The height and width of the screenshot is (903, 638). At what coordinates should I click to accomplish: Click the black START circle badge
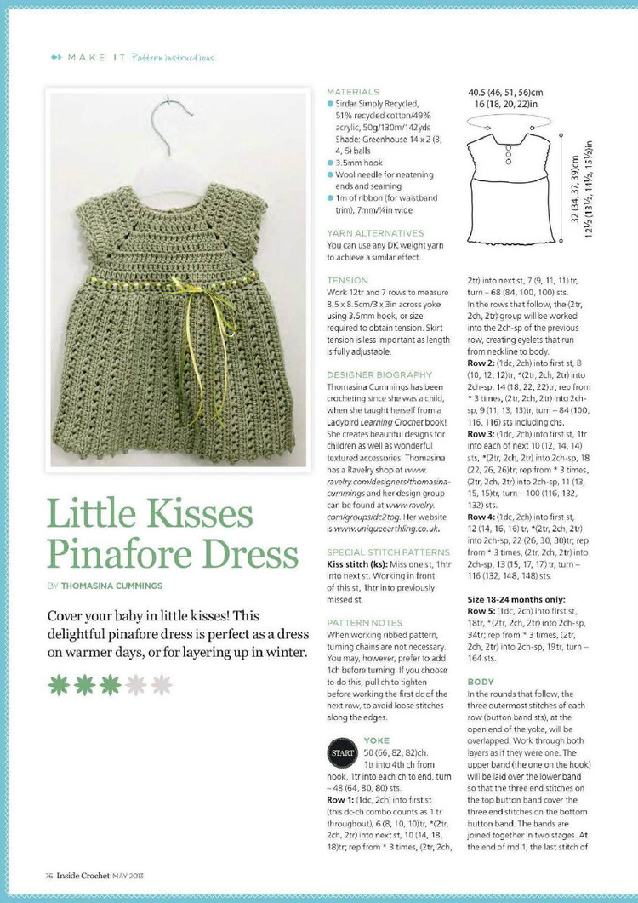click(342, 755)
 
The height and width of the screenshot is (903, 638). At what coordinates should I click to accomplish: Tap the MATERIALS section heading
click(353, 92)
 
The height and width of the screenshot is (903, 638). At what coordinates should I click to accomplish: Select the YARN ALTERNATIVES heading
click(375, 233)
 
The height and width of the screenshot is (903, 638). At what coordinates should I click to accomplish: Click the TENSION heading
click(348, 280)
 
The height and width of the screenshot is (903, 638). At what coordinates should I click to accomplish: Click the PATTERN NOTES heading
click(363, 623)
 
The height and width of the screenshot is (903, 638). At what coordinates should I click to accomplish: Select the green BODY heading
click(481, 682)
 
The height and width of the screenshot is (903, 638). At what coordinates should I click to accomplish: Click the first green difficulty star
click(59, 684)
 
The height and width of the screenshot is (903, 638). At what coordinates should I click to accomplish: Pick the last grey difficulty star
click(161, 684)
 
